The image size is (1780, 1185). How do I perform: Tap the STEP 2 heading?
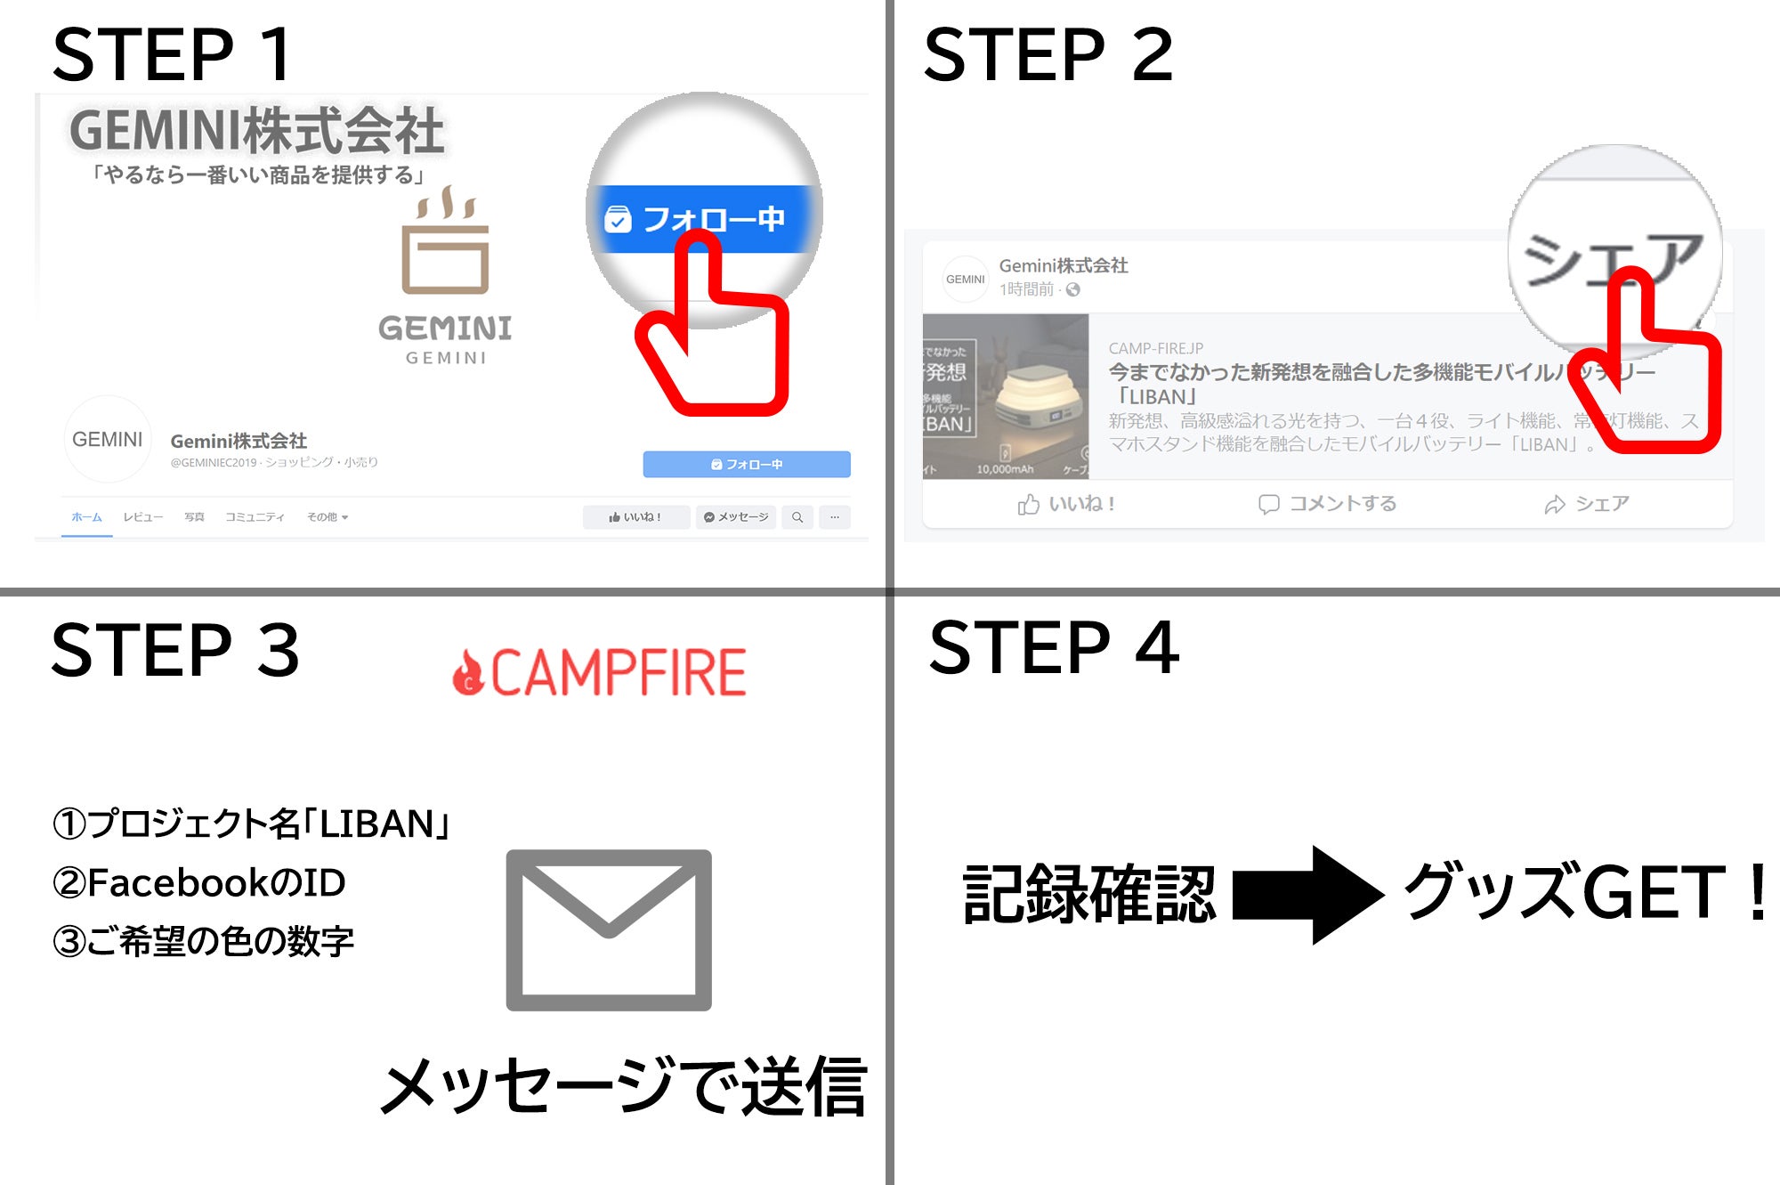tap(1048, 55)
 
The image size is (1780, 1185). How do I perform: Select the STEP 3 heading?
tap(174, 650)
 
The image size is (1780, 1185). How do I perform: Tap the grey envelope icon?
tap(609, 930)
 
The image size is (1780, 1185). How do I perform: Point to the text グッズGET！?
tap(1584, 893)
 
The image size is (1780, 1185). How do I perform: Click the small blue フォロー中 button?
tap(746, 464)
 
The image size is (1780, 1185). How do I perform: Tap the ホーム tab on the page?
tap(86, 517)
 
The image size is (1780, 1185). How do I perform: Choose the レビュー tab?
tap(142, 517)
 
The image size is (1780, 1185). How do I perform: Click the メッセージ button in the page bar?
tap(735, 517)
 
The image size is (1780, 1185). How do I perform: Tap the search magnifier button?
tap(797, 517)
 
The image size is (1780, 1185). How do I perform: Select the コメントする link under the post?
tap(1327, 504)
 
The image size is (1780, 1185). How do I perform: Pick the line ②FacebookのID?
tap(199, 883)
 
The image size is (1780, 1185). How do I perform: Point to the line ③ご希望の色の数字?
tap(204, 942)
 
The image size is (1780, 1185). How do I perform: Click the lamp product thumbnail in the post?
tap(1006, 396)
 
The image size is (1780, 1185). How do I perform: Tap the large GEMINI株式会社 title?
tap(256, 131)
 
